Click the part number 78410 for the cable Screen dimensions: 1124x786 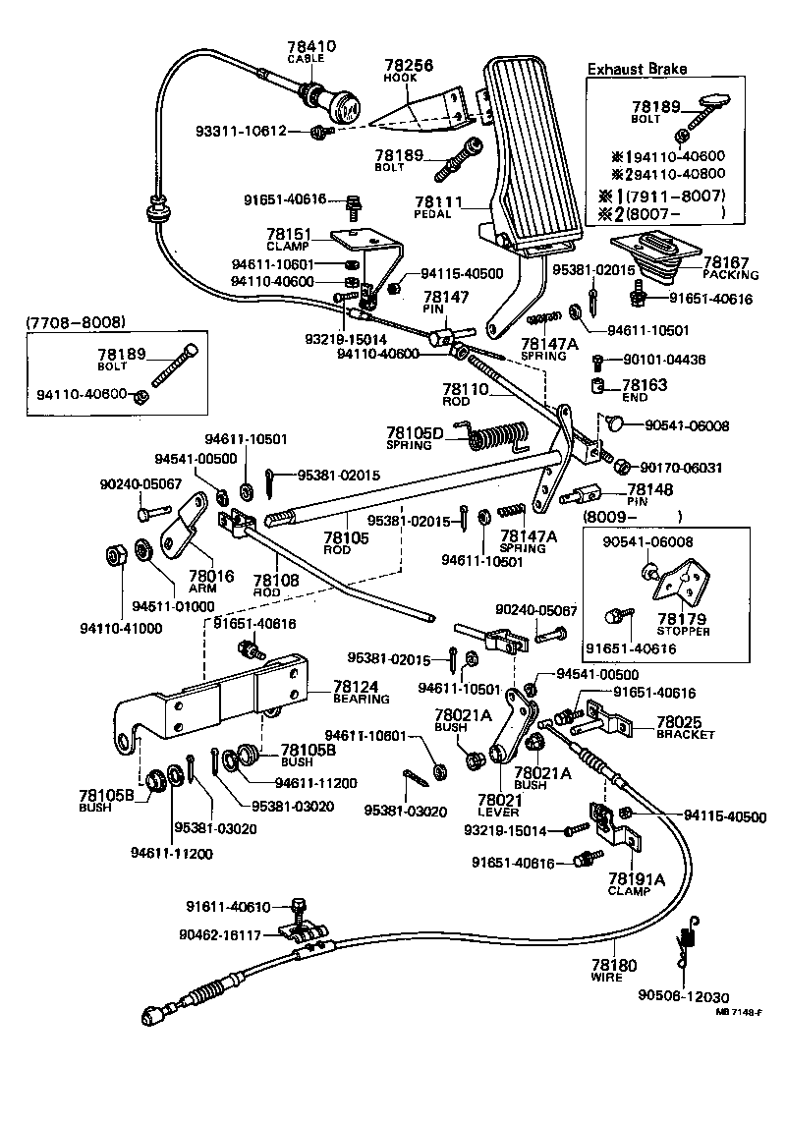pyautogui.click(x=311, y=46)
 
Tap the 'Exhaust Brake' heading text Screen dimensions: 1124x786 pyautogui.click(x=637, y=69)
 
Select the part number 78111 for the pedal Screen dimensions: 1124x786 pyautogui.click(x=439, y=200)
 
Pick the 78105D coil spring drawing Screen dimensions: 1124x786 pyautogui.click(x=501, y=439)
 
